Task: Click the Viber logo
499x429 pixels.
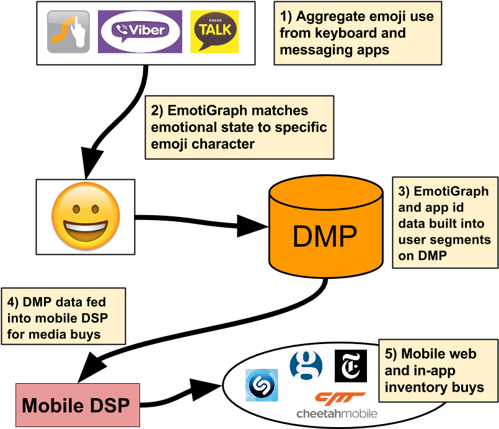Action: point(140,31)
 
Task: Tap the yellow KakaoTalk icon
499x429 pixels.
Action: point(214,31)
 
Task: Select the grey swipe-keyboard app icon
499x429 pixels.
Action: point(69,31)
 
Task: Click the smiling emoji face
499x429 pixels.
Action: point(85,216)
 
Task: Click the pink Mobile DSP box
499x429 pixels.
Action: point(77,405)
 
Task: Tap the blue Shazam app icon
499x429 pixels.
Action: point(262,386)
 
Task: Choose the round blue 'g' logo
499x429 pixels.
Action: point(306,366)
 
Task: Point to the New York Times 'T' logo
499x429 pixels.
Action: point(350,366)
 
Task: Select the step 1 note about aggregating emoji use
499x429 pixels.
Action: point(358,33)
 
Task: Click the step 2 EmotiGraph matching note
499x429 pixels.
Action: point(239,127)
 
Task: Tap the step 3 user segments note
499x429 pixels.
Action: point(444,223)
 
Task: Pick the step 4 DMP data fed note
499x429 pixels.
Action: point(63,318)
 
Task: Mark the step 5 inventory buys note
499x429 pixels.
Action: point(438,371)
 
